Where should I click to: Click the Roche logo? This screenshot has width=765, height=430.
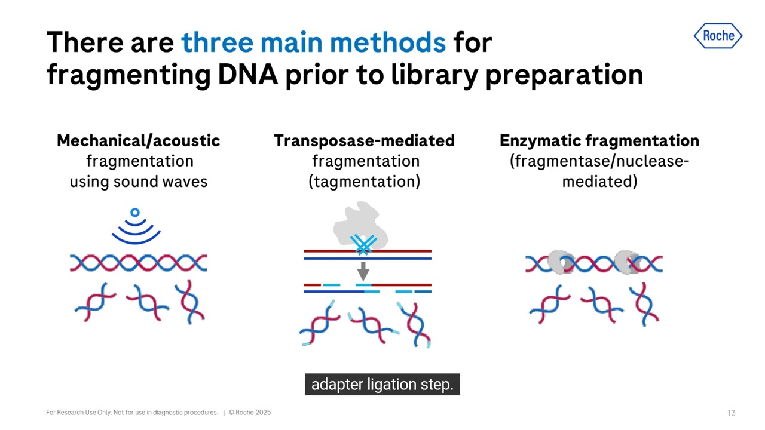(x=718, y=36)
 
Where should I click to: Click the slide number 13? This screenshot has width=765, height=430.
(x=731, y=413)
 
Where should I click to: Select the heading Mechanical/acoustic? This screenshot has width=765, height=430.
(x=138, y=141)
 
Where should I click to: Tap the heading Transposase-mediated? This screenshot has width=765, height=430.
(x=364, y=141)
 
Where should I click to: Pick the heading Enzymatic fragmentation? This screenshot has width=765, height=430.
(x=599, y=141)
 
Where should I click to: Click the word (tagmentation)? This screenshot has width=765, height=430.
(x=364, y=182)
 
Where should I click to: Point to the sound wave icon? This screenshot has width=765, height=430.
(x=136, y=227)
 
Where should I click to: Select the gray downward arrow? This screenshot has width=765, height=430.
(x=363, y=272)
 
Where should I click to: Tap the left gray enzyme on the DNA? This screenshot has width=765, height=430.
(x=561, y=263)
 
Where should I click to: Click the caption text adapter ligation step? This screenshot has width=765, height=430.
(x=382, y=385)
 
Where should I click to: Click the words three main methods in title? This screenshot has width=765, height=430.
(x=313, y=42)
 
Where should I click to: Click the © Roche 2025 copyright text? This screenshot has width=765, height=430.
(x=250, y=413)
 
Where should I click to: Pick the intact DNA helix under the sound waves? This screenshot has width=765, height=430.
(x=138, y=263)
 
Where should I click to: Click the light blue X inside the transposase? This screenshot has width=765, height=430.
(x=363, y=244)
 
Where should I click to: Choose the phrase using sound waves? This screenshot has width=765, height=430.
(x=138, y=182)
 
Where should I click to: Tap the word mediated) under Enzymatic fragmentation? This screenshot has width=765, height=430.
(x=599, y=182)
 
